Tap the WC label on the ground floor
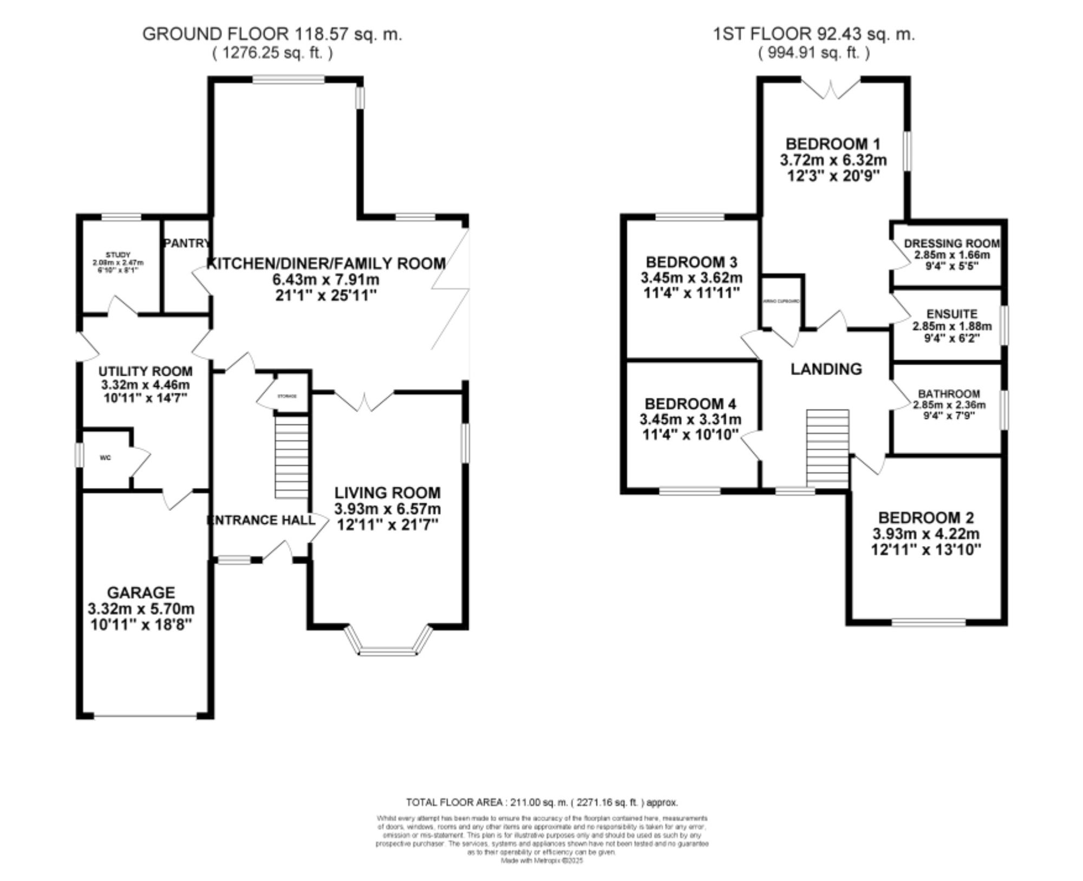click(x=106, y=458)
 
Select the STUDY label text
click(x=118, y=254)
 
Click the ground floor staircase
click(x=292, y=457)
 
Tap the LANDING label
click(x=826, y=369)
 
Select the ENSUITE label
click(x=952, y=314)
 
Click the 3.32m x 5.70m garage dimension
click(x=141, y=609)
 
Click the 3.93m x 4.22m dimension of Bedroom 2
click(x=926, y=534)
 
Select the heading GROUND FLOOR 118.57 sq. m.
click(x=272, y=34)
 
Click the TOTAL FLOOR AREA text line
click(x=541, y=803)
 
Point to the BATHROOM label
click(x=949, y=394)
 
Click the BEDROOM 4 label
click(x=690, y=404)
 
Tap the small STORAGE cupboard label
click(x=287, y=396)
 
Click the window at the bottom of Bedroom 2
click(x=929, y=622)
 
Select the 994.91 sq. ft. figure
click(x=813, y=53)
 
